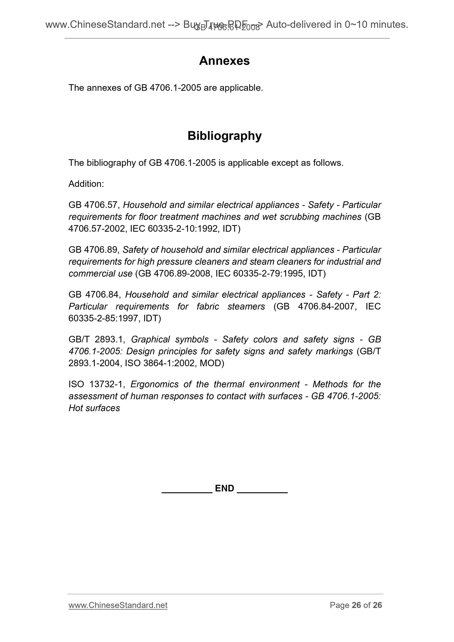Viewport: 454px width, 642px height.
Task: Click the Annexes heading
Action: pos(224,61)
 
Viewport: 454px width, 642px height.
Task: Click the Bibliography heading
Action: pos(224,136)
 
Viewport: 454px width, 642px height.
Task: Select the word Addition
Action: pos(86,184)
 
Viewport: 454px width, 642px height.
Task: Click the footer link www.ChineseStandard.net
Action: pos(118,605)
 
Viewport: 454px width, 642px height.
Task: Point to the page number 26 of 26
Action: pos(356,605)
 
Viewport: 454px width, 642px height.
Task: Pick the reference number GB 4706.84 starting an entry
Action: pos(94,295)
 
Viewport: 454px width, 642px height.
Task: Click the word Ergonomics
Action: pos(154,384)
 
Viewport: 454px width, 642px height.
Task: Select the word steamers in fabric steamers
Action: pos(246,306)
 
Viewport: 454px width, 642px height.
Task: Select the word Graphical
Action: pos(170,340)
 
